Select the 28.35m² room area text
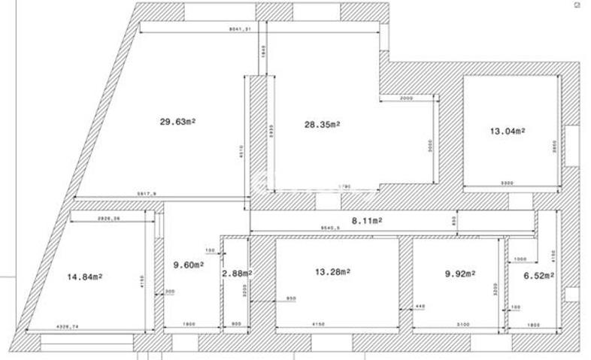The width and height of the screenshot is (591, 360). pos(323,125)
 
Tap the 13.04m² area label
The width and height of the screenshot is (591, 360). pos(508,131)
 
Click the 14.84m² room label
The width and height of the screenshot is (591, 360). pos(85,276)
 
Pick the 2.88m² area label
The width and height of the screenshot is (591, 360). pos(236,274)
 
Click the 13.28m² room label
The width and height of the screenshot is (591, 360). pos(332,271)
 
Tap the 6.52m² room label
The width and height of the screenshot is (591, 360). pos(538,276)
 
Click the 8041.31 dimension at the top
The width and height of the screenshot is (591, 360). pos(239,29)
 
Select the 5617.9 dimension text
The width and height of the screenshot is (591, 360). pos(147,194)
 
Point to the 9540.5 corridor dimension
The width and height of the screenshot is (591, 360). pos(331,227)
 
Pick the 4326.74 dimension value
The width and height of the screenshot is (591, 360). pos(71,325)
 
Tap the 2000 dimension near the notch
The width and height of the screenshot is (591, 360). pos(406,98)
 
